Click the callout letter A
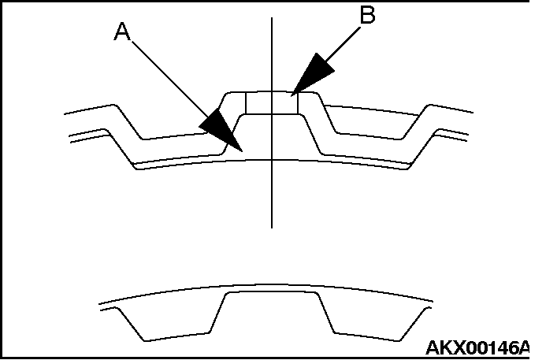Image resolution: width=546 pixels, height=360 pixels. coord(123,32)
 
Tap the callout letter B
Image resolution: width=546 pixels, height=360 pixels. coord(367,15)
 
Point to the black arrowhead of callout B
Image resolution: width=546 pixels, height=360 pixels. coord(312,75)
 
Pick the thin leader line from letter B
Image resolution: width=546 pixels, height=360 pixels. coord(343,45)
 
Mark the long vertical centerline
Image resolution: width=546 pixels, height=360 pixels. coord(272,123)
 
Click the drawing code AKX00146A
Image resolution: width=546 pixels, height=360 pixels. coord(477,347)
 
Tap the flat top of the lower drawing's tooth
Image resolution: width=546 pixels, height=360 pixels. coord(272,292)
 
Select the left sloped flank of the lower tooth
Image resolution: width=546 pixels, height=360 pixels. coord(217,314)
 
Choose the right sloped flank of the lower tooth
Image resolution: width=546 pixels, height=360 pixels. coord(326,314)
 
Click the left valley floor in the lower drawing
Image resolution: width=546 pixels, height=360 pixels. coord(176,336)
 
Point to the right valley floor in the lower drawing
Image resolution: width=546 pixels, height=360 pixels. coord(367,336)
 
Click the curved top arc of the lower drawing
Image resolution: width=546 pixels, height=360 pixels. coord(266,285)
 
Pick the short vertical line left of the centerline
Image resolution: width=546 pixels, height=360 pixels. coord(246,103)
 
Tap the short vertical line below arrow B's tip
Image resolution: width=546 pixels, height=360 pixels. coord(298,103)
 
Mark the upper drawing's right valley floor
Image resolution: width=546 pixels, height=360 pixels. coord(369,135)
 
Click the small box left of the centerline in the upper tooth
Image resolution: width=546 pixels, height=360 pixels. coord(258,103)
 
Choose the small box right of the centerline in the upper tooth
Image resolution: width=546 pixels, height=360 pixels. coord(285,103)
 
